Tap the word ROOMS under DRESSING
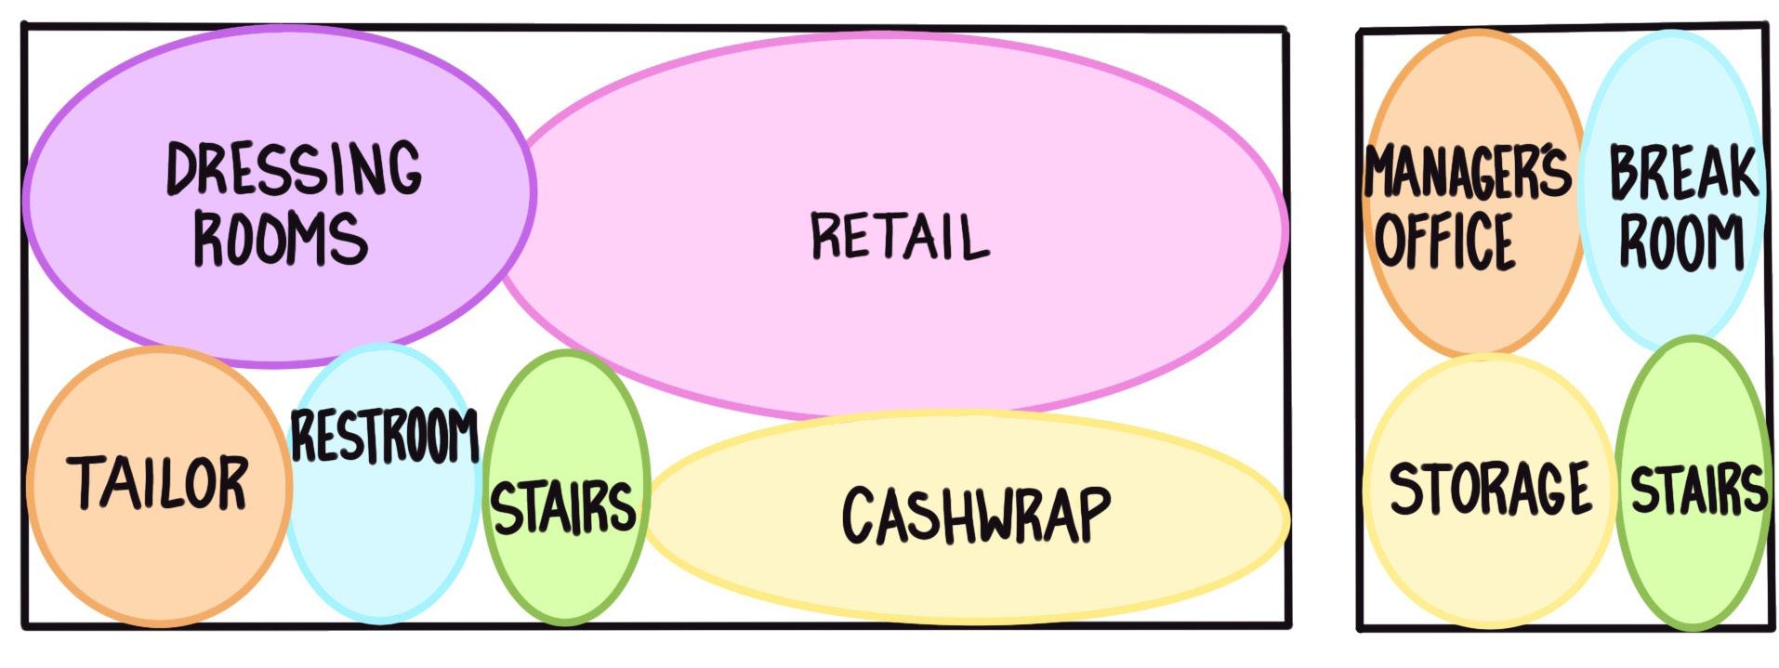click(x=280, y=239)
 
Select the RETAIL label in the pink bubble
click(x=900, y=236)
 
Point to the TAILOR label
click(x=158, y=483)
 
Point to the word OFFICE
click(x=1444, y=240)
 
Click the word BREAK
click(x=1683, y=173)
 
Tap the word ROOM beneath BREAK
click(x=1681, y=242)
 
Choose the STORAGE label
click(x=1489, y=489)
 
